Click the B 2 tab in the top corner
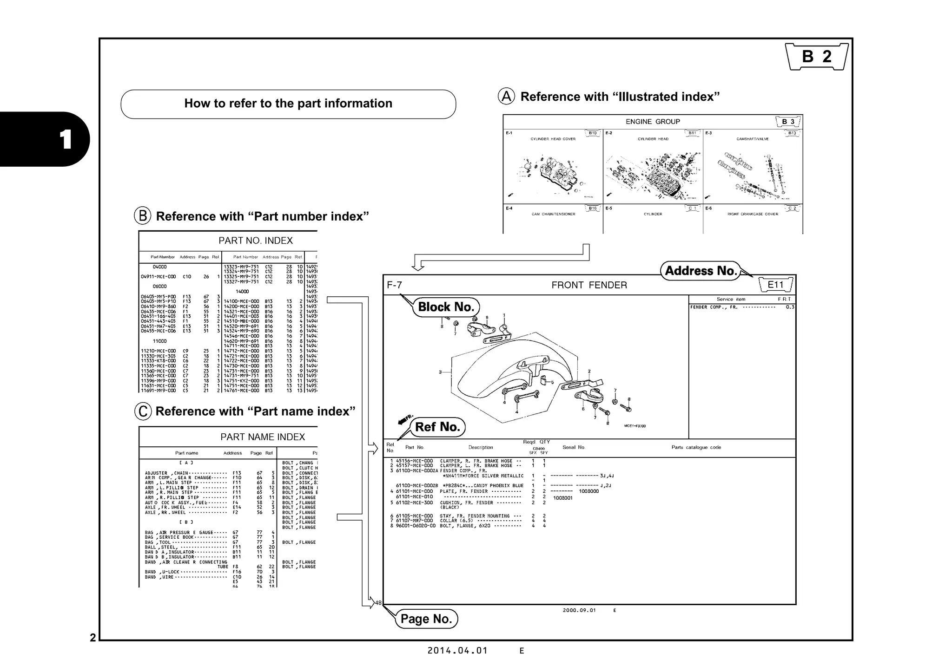pyautogui.click(x=816, y=57)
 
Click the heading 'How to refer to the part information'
pyautogui.click(x=288, y=104)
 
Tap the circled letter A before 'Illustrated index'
pyautogui.click(x=506, y=97)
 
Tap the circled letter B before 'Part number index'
pyautogui.click(x=142, y=216)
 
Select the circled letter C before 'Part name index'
pyautogui.click(x=143, y=411)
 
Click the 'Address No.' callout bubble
pyautogui.click(x=701, y=271)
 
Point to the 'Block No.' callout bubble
pyautogui.click(x=445, y=307)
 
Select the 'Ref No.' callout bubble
pyautogui.click(x=437, y=427)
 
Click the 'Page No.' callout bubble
pyautogui.click(x=426, y=619)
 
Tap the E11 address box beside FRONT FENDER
pyautogui.click(x=775, y=285)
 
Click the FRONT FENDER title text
pyautogui.click(x=589, y=285)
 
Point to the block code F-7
pyautogui.click(x=394, y=285)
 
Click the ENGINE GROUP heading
pyautogui.click(x=652, y=122)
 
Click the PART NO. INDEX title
pyautogui.click(x=256, y=241)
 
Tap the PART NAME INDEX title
pyautogui.click(x=263, y=437)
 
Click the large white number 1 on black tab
pyautogui.click(x=65, y=139)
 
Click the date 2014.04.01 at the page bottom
pyautogui.click(x=457, y=651)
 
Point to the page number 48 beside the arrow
pyautogui.click(x=378, y=603)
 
